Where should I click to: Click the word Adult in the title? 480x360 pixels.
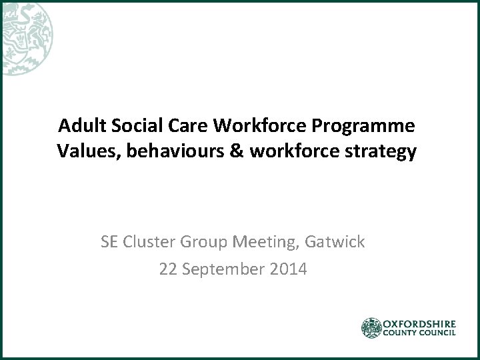tap(79, 126)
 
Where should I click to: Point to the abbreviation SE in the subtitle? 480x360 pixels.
tap(110, 241)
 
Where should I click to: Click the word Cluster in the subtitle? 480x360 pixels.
tap(148, 241)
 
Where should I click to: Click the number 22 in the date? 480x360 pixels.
tap(168, 270)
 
